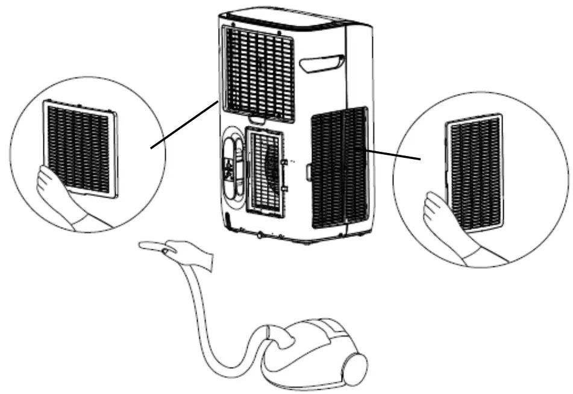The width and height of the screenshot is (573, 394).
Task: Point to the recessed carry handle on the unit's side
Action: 324,62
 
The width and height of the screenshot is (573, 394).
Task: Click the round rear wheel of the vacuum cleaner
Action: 355,364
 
